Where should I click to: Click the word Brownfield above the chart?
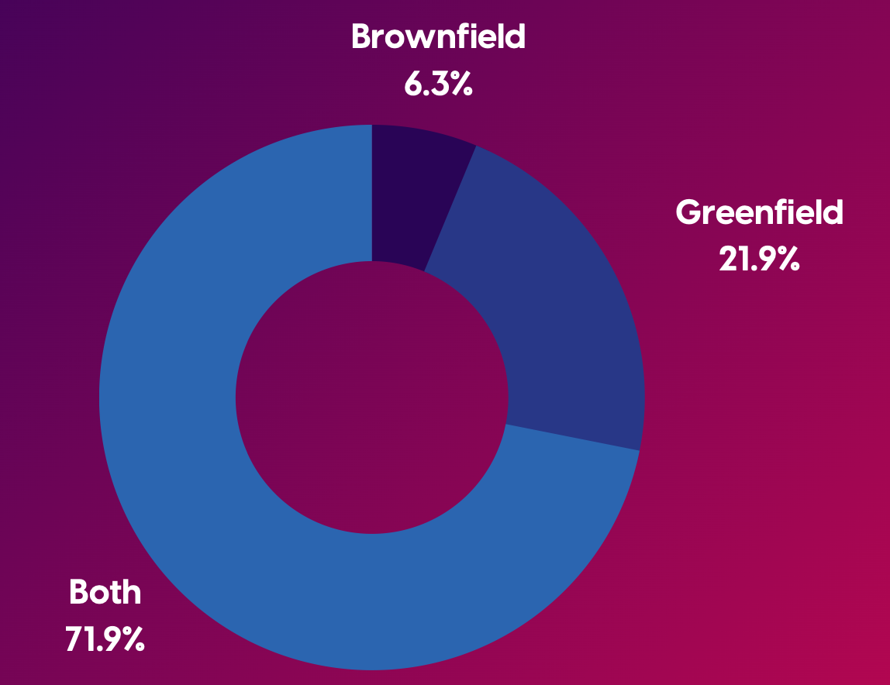(438, 36)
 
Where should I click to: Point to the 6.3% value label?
(438, 84)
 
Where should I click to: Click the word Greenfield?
(759, 212)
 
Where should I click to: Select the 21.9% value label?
(759, 260)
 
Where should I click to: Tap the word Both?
(105, 592)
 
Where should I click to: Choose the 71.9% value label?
(105, 640)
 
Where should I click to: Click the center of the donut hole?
(371, 397)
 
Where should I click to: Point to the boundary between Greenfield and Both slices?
(573, 437)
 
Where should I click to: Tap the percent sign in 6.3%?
(461, 84)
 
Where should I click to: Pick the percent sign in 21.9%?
(785, 260)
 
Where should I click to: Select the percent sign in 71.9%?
(131, 640)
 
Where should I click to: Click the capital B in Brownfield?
(362, 36)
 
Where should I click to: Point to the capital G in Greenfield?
(688, 212)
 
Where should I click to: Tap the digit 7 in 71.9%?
(74, 640)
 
